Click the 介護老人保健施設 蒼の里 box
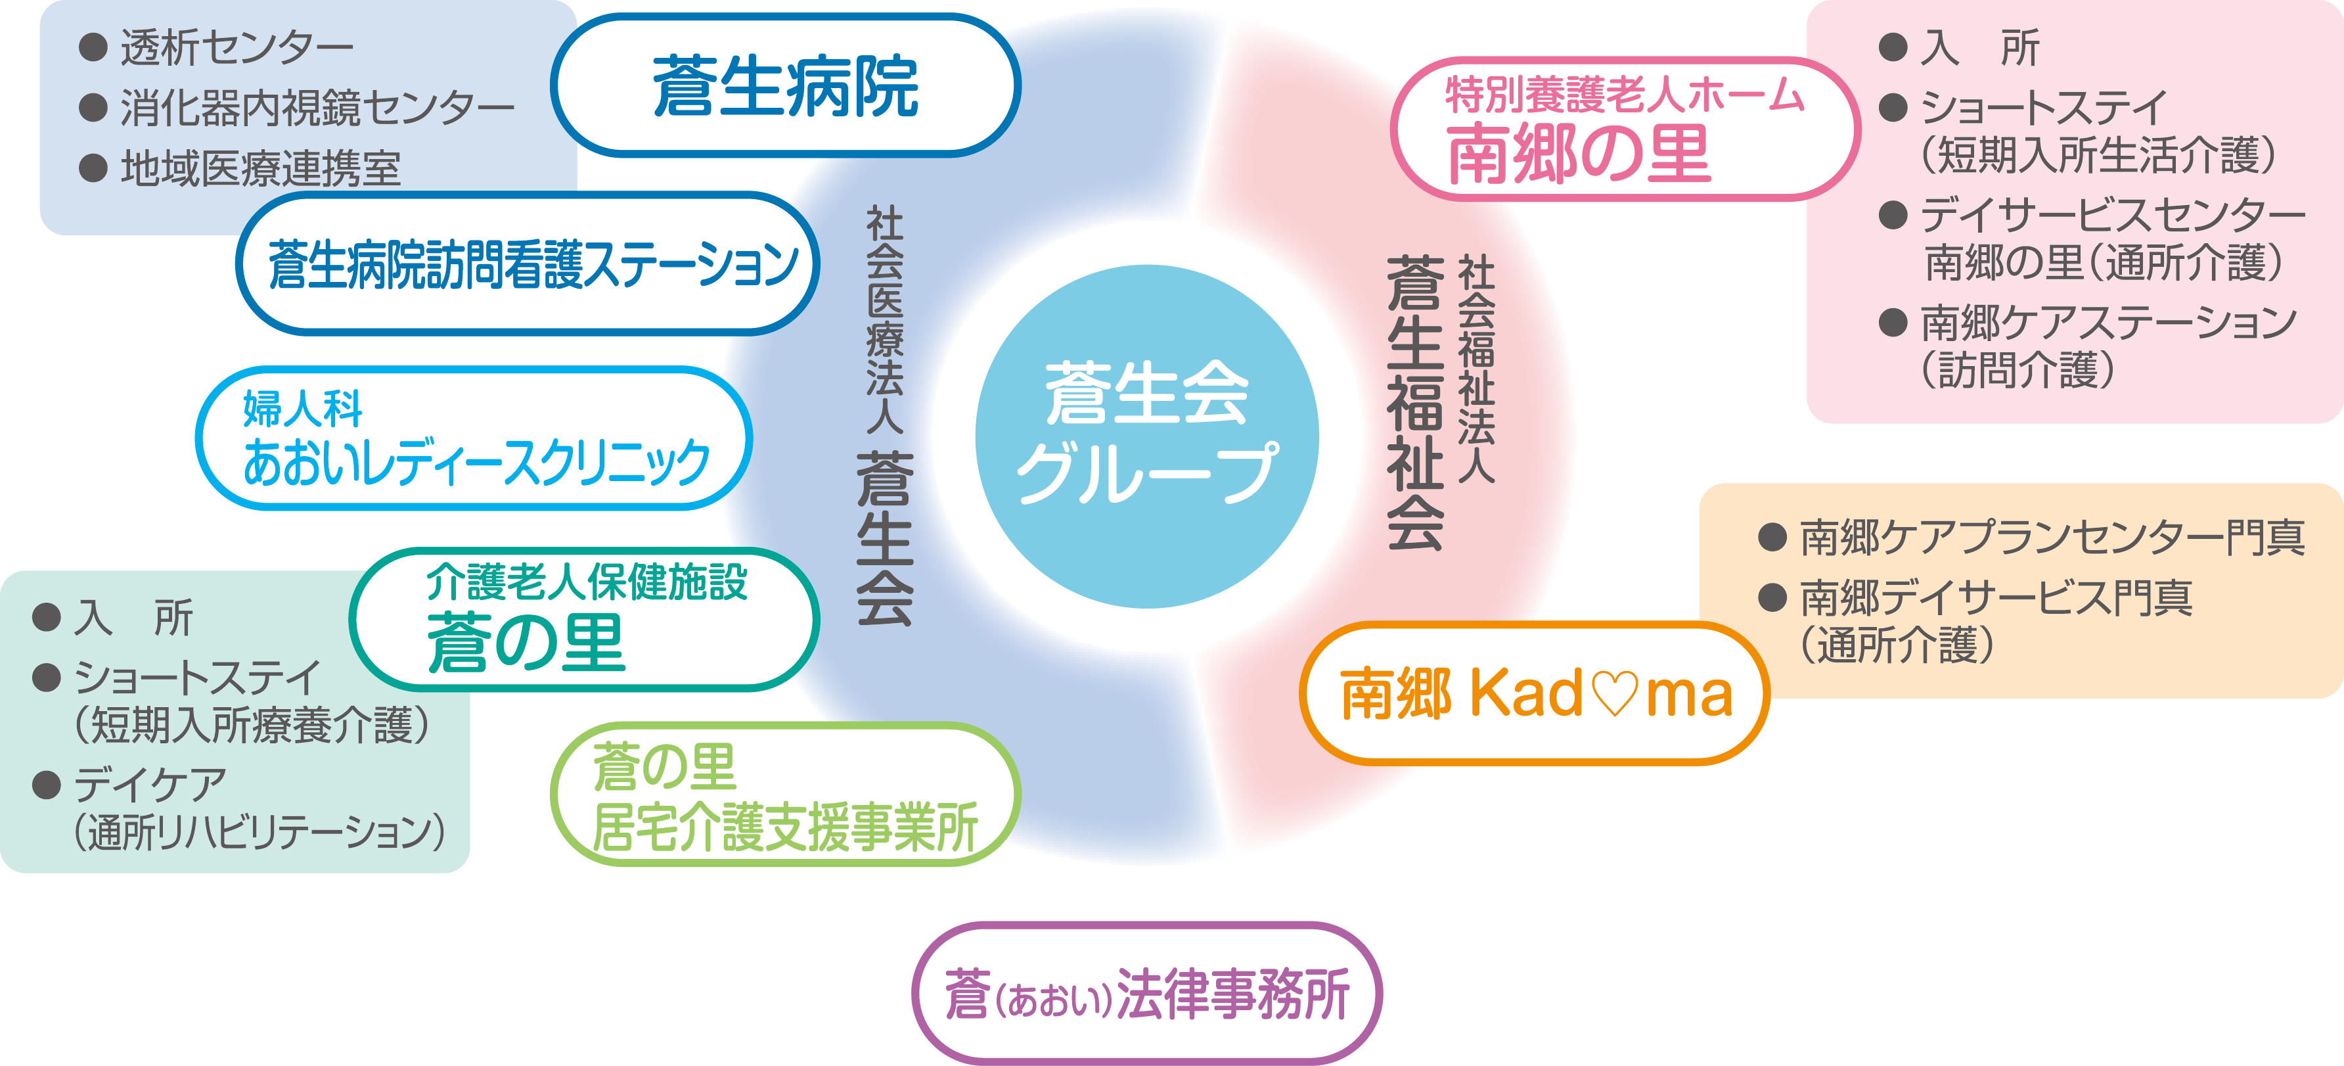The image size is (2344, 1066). [584, 619]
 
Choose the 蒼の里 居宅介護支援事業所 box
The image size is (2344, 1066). [785, 794]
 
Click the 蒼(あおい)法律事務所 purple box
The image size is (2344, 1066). [1146, 993]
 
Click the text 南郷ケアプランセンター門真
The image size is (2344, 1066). [2052, 537]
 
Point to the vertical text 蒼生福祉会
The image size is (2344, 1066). [1415, 402]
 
